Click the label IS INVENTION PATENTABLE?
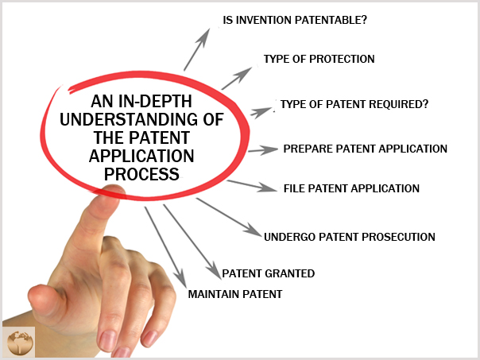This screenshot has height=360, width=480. (295, 20)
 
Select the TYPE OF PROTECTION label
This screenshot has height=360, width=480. (319, 59)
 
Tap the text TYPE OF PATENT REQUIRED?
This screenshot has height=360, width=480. (354, 104)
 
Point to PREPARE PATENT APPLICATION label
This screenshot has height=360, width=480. (366, 149)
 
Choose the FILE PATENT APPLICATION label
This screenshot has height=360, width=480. (351, 188)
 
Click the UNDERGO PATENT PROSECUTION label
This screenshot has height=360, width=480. (350, 237)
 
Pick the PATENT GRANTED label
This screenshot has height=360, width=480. (268, 273)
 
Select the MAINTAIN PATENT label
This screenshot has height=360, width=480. (234, 294)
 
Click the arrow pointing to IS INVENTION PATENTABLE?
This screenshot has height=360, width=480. (197, 49)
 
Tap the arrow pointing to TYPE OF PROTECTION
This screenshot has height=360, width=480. (237, 79)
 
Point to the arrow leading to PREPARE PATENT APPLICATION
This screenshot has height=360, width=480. (263, 150)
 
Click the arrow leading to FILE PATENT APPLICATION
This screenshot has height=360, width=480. (252, 186)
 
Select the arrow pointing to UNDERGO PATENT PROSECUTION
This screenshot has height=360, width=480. (229, 217)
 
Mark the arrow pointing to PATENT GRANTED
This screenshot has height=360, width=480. (192, 242)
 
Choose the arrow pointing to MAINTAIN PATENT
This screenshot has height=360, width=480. (165, 247)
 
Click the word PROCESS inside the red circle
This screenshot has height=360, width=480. (141, 174)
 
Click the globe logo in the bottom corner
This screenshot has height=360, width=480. (18, 342)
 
